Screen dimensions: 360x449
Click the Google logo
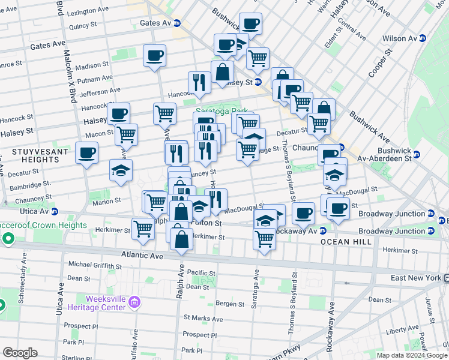point(20,353)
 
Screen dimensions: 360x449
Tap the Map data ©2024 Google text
point(411,355)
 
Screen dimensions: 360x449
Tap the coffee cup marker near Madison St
point(154,55)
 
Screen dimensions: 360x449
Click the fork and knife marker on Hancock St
point(199,82)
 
